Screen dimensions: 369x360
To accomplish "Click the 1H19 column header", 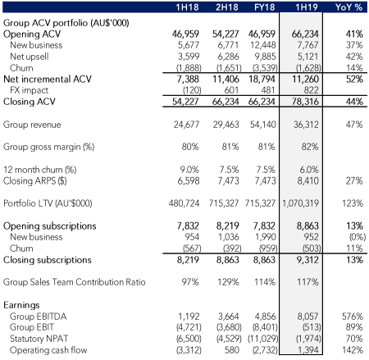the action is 307,7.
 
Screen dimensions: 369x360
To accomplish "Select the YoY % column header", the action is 348,7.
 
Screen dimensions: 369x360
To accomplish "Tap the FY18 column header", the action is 264,7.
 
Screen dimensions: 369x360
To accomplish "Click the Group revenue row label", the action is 32,125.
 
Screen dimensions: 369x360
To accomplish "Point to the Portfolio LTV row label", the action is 48,203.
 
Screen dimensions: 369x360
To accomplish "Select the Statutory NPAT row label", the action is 39,339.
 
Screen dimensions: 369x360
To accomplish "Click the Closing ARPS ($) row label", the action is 34,180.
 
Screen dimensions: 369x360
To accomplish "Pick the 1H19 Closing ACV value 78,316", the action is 305,102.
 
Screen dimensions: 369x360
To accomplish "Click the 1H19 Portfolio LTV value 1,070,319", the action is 300,203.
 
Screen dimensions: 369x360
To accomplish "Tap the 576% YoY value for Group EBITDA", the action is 353,317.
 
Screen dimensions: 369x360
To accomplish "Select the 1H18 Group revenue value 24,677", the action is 186,125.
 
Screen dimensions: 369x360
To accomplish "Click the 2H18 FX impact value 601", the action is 231,90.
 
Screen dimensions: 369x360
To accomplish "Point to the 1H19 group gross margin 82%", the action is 310,147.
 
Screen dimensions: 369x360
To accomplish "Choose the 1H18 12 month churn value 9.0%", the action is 189,170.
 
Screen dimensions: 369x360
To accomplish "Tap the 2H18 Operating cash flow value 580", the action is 231,350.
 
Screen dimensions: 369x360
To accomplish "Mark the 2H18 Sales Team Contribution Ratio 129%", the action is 228,282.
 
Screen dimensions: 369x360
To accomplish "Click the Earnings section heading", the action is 21,305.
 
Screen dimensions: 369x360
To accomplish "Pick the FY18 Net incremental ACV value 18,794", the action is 262,79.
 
